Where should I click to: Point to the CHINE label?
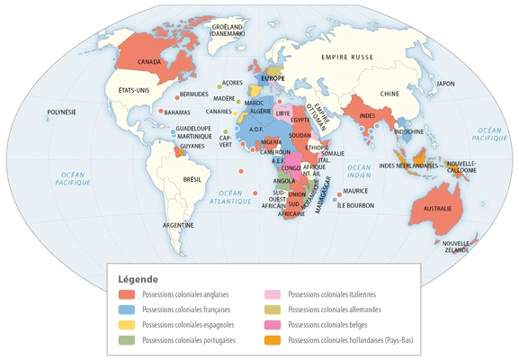click(389, 94)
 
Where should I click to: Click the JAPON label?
click(446, 84)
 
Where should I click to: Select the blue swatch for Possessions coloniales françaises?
click(127, 310)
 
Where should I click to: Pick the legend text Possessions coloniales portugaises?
click(188, 340)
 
